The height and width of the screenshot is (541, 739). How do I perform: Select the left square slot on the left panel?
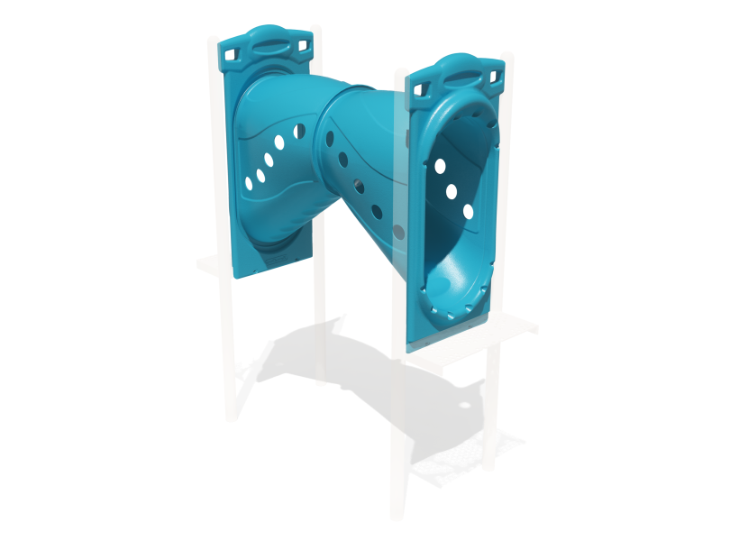(x=231, y=55)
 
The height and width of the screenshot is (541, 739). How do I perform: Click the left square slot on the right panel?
(x=420, y=87)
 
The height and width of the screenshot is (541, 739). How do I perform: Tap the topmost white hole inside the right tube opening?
(x=440, y=166)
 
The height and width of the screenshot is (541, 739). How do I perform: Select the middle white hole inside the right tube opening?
(x=452, y=190)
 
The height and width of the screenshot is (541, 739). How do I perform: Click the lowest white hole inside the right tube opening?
(x=468, y=212)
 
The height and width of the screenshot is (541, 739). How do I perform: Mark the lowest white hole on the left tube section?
(x=249, y=183)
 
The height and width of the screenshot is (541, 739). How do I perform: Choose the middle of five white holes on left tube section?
(x=269, y=160)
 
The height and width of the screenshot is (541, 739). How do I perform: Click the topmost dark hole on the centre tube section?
(x=331, y=138)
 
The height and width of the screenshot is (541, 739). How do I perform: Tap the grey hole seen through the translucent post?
(x=399, y=231)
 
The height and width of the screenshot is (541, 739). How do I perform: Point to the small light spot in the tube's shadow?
(x=464, y=406)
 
